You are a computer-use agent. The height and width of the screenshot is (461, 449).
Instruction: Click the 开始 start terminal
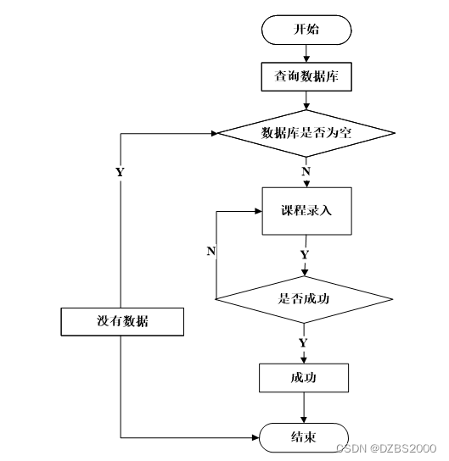point(306,30)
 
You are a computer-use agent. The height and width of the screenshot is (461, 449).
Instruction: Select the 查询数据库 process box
point(306,76)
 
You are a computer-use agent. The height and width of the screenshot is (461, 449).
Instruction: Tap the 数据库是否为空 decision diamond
point(306,133)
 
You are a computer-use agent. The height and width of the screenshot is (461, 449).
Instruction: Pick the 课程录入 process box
point(306,211)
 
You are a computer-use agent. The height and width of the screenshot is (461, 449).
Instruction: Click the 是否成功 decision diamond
point(304,299)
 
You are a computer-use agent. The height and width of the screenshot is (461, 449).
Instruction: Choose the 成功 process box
point(304,378)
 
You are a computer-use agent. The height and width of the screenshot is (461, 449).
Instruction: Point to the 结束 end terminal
point(304,437)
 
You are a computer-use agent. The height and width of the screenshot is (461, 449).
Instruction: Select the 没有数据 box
point(122,322)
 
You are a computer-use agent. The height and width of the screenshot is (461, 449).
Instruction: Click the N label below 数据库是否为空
point(306,171)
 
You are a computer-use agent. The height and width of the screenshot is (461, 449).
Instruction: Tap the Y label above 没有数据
point(120,172)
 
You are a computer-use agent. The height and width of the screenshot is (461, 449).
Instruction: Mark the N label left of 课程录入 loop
point(211,251)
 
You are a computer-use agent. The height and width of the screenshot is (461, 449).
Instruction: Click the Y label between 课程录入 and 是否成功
point(305,254)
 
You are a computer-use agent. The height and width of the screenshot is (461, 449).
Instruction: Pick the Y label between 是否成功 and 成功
point(303,343)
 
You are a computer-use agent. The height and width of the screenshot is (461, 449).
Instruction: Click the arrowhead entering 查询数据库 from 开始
point(306,59)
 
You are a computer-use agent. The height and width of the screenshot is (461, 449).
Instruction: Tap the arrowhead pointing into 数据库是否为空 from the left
point(215,134)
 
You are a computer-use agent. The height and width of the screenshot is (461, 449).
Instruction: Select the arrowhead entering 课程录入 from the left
point(259,211)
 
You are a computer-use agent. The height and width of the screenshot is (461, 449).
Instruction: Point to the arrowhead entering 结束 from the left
point(255,438)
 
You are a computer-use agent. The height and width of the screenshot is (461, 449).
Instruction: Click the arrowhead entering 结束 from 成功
point(304,419)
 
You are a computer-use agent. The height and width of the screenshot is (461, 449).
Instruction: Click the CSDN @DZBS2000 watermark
point(386,448)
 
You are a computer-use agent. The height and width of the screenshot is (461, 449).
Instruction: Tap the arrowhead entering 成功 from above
point(304,360)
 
